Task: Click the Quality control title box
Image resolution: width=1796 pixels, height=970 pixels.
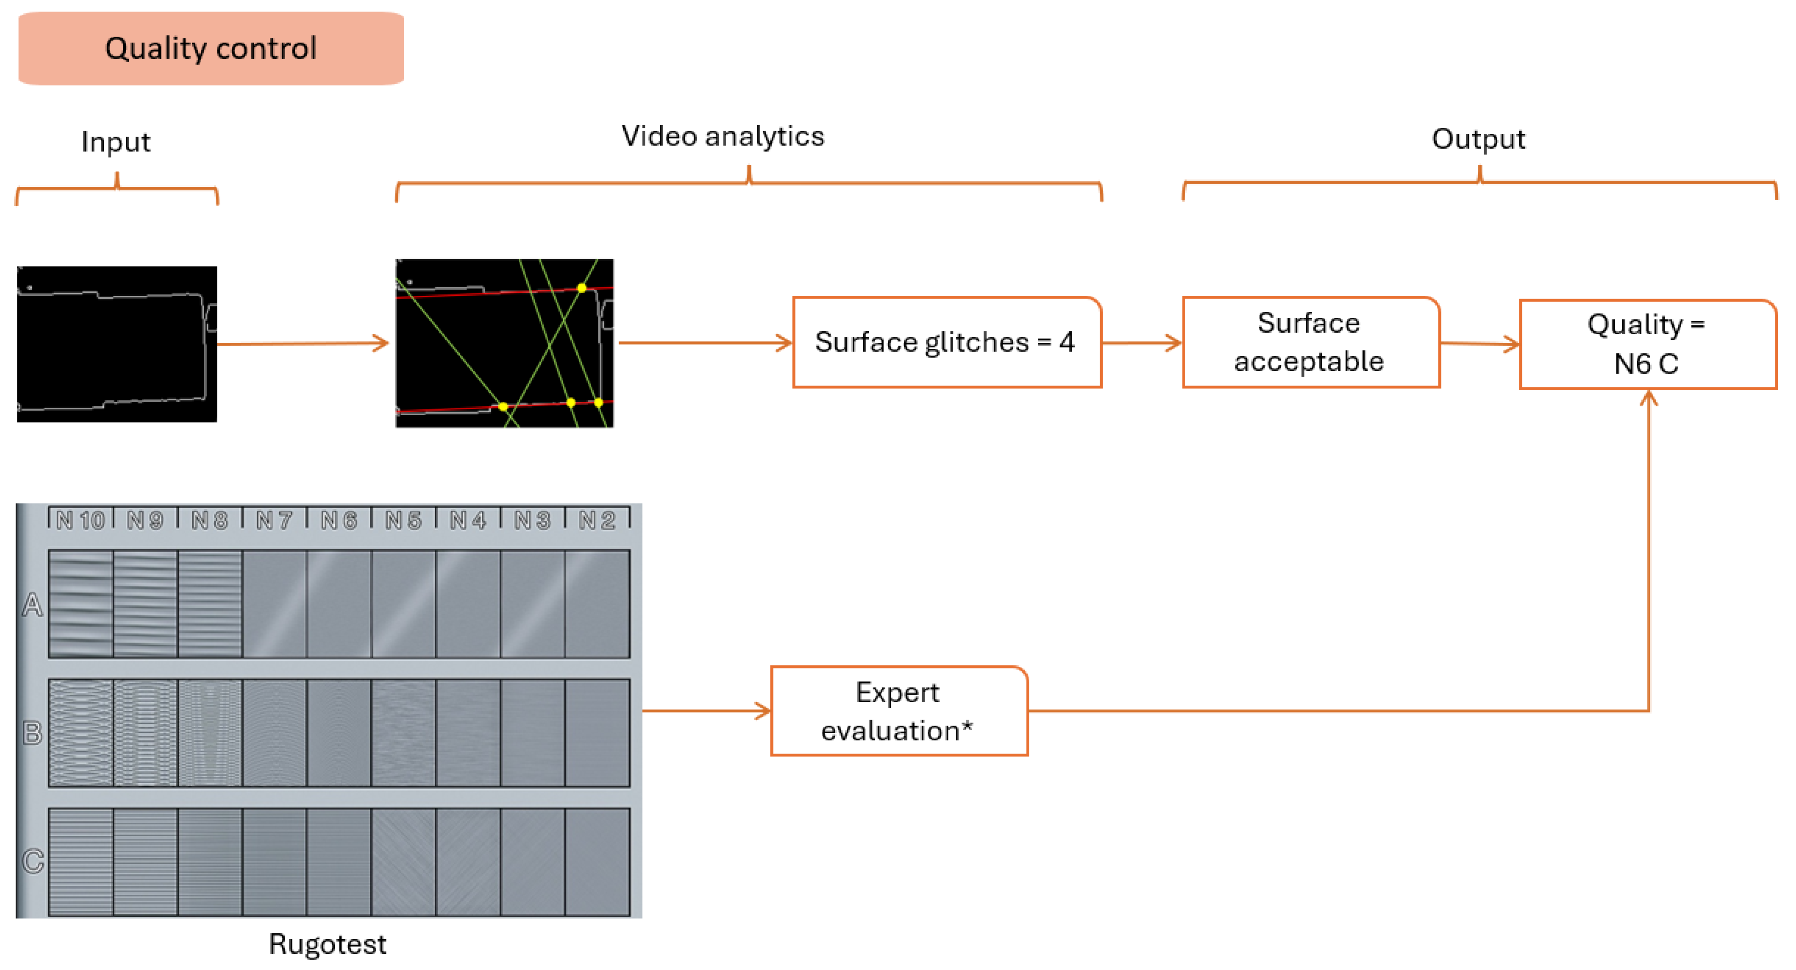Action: point(211,48)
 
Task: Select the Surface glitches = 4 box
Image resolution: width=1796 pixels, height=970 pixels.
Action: point(946,342)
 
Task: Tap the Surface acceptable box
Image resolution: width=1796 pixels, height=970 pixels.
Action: point(1310,342)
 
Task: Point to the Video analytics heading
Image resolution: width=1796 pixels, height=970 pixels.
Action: point(722,136)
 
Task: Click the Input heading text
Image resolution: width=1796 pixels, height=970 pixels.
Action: point(116,142)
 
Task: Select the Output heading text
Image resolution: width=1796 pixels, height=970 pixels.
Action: point(1478,139)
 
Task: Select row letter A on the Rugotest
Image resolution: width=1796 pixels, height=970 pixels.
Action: point(32,605)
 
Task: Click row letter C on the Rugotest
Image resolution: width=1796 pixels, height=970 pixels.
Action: point(32,861)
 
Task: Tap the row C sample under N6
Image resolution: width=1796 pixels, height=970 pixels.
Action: point(339,862)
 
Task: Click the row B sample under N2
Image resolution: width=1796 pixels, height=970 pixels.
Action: point(597,733)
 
